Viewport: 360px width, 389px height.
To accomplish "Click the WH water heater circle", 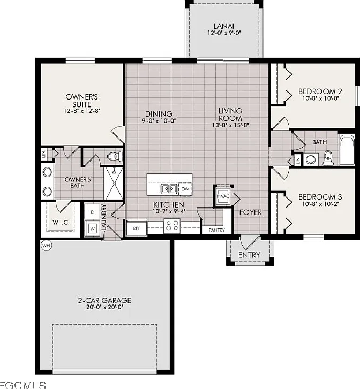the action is click(46, 246).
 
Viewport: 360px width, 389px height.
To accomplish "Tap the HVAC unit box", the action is click(223, 197).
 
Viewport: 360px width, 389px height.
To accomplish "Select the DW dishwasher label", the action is click(185, 189).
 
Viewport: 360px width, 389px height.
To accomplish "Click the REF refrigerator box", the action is click(137, 228).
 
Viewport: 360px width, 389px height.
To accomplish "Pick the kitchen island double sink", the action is click(169, 189).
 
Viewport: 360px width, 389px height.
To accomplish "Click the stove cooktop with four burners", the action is click(172, 226).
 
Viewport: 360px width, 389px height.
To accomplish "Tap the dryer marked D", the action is click(93, 212).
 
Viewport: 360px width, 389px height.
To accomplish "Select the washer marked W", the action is click(93, 228).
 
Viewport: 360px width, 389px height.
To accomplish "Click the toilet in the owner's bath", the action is click(115, 156).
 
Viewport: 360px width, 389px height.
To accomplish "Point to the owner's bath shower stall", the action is click(114, 184).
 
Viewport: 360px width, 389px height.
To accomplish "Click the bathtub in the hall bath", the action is click(347, 150).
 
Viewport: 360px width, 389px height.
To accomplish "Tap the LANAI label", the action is click(224, 26).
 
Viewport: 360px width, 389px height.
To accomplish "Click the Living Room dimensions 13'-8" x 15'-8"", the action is click(230, 125).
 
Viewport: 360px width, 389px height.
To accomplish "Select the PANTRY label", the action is click(216, 230).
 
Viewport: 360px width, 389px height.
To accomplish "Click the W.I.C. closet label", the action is click(61, 222).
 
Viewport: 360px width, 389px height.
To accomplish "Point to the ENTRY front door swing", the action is click(250, 242).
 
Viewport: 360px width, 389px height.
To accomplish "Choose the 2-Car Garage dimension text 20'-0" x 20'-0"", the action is click(104, 307).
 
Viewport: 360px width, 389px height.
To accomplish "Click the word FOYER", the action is click(250, 212).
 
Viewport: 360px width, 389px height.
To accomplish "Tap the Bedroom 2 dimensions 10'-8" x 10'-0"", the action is click(320, 98).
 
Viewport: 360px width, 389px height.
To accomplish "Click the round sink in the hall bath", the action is click(311, 159).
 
